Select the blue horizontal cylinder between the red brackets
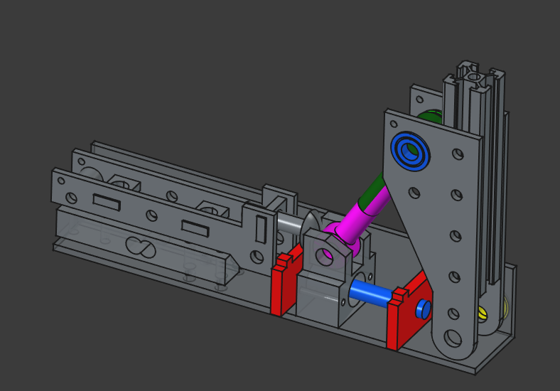(371, 292)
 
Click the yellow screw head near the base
(483, 311)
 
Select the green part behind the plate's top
(430, 116)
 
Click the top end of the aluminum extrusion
(474, 72)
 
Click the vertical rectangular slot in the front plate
(260, 230)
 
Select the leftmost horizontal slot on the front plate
(107, 202)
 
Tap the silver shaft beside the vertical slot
(288, 223)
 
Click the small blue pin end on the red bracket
(423, 308)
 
